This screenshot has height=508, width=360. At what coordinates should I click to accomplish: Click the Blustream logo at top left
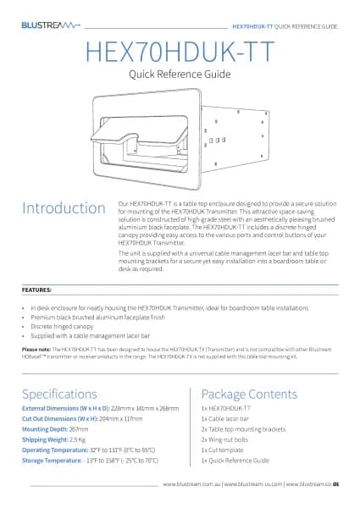50,26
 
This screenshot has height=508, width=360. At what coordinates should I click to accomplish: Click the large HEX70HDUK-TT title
179,52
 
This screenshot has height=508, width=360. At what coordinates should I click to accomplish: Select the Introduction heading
58,208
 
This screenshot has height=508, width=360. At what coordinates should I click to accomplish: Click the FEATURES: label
36,289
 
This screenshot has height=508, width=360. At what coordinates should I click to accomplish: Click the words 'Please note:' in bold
36,348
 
